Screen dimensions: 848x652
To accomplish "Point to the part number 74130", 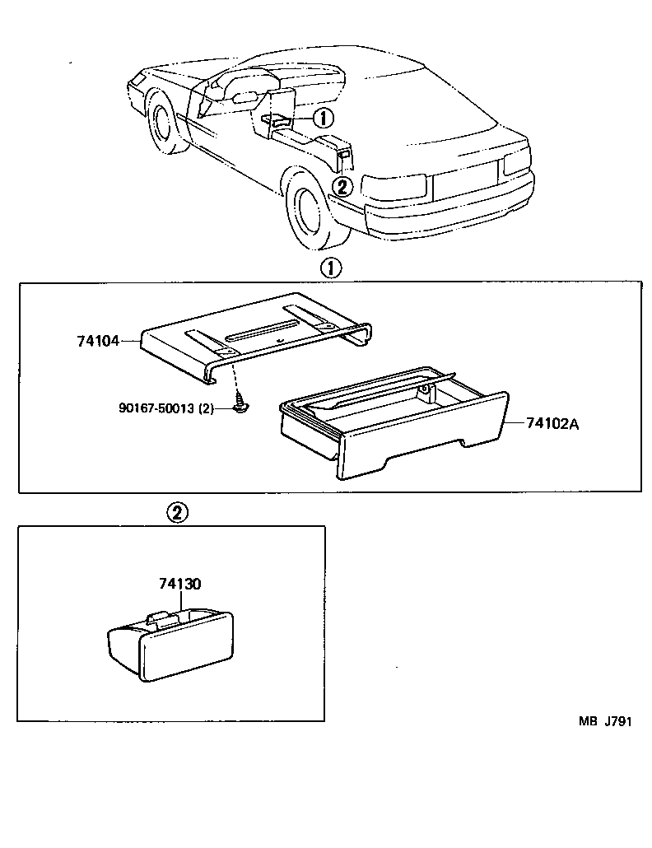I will pyautogui.click(x=180, y=584).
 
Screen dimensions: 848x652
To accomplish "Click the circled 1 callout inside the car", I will pyautogui.click(x=323, y=119).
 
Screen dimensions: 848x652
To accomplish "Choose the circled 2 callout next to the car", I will pyautogui.click(x=343, y=186).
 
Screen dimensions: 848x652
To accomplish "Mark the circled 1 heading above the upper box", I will pyautogui.click(x=329, y=268).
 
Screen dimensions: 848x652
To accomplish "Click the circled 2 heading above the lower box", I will pyautogui.click(x=178, y=512).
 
